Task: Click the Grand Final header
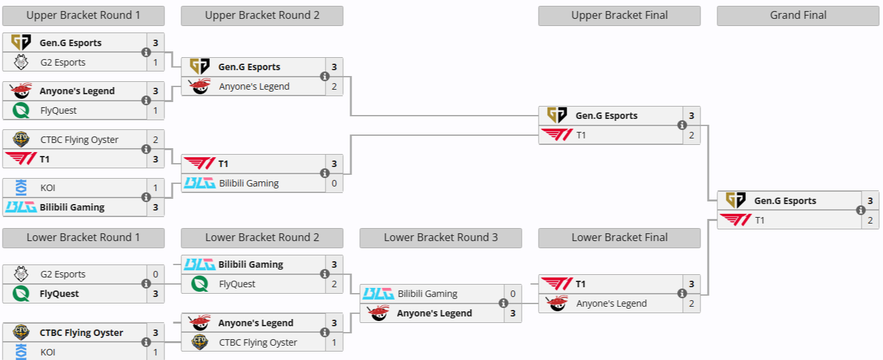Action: point(798,16)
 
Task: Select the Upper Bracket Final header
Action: point(619,16)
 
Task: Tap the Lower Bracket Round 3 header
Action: point(441,238)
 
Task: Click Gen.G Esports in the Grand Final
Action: point(785,201)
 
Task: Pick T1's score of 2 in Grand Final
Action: point(870,220)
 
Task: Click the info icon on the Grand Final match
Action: point(861,211)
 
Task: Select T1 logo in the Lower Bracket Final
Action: point(557,284)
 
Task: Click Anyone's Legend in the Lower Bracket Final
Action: point(611,303)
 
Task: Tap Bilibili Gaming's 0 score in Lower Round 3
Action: point(513,294)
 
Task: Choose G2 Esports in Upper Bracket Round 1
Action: point(63,62)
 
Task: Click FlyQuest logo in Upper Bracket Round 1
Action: point(21,110)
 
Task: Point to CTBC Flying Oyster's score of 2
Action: point(155,140)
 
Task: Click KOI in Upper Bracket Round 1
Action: point(48,188)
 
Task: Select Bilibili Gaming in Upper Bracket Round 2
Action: point(249,183)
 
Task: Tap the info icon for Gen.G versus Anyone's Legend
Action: point(325,77)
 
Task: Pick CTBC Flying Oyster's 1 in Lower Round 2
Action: point(334,342)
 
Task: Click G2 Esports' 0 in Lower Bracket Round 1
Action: point(155,274)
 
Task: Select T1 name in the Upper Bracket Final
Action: point(582,135)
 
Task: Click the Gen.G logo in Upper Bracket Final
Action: point(557,116)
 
